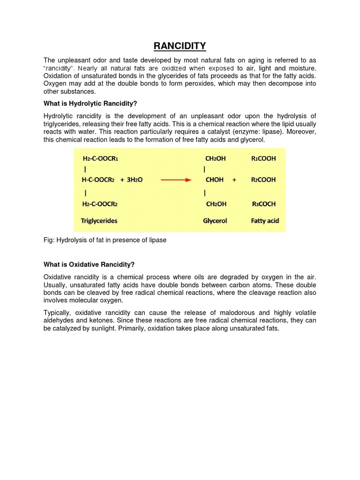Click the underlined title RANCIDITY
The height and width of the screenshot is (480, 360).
tap(180, 46)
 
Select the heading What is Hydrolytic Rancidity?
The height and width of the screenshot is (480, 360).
tap(90, 104)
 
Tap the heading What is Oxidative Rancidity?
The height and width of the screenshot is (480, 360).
tap(89, 265)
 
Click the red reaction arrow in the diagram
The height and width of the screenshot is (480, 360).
tap(176, 180)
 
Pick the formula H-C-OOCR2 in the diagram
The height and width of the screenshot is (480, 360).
tap(98, 180)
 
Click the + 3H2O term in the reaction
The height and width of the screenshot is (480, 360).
tap(132, 180)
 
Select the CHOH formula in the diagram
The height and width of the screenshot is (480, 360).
tap(214, 180)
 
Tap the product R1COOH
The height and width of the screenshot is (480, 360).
tap(263, 158)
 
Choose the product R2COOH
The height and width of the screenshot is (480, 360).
tap(263, 180)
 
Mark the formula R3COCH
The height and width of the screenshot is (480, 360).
tap(263, 204)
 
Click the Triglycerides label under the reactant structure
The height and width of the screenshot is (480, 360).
tap(100, 220)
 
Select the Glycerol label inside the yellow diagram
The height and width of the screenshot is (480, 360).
tap(215, 220)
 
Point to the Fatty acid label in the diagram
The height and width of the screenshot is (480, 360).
tap(265, 220)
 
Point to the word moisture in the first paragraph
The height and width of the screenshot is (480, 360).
tap(301, 68)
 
